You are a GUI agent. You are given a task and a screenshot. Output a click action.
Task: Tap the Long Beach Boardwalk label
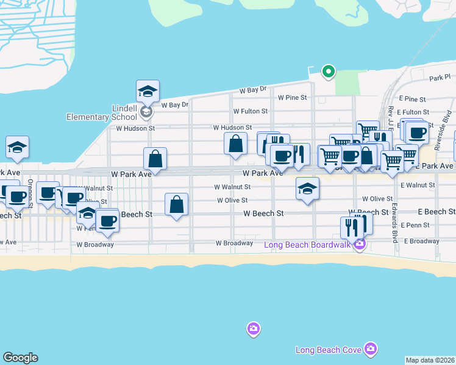pyautogui.click(x=307, y=245)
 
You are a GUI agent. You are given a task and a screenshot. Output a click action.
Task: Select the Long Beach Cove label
pyautogui.click(x=329, y=350)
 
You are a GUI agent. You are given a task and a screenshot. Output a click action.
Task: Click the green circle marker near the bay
pyautogui.click(x=329, y=72)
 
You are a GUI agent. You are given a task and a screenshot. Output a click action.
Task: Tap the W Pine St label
pyautogui.click(x=292, y=97)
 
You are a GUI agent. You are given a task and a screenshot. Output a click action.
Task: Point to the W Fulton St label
pyautogui.click(x=251, y=111)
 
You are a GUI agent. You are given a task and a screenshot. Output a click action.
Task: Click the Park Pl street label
pyautogui.click(x=439, y=78)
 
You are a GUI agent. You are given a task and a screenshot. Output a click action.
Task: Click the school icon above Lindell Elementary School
pyautogui.click(x=148, y=91)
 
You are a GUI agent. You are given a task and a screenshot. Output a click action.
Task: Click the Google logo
pyautogui.click(x=20, y=358)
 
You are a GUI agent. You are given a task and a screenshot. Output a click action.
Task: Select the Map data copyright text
pyautogui.click(x=430, y=360)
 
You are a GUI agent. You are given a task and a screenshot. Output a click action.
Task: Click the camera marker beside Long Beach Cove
pyautogui.click(x=369, y=349)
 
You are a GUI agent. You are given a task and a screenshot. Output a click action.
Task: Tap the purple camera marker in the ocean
pyautogui.click(x=253, y=329)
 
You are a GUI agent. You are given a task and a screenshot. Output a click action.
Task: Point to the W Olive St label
pyautogui.click(x=232, y=200)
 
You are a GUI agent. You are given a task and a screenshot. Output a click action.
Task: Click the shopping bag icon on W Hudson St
pyautogui.click(x=235, y=144)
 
